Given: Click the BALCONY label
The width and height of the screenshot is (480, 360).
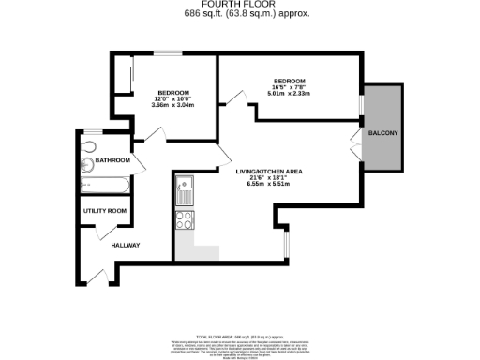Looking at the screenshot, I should pyautogui.click(x=382, y=134).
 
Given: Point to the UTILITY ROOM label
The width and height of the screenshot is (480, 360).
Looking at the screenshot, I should pyautogui.click(x=104, y=211).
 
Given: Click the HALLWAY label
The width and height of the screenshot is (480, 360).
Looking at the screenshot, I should pyautogui.click(x=125, y=246).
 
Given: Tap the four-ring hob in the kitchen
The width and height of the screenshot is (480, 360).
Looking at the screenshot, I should pyautogui.click(x=185, y=221).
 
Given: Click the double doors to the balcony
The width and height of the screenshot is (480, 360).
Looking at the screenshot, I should pyautogui.click(x=355, y=146).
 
